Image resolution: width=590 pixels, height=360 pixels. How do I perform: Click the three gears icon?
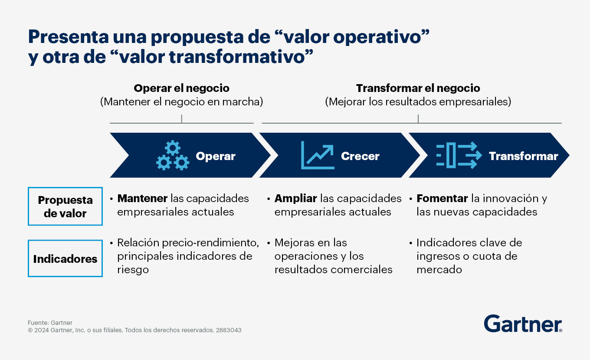coord(173,155)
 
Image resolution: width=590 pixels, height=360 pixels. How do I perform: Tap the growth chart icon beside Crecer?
coord(318,155)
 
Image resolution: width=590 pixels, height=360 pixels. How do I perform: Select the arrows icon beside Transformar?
coord(459,155)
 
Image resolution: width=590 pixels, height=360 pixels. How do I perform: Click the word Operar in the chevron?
coord(216,156)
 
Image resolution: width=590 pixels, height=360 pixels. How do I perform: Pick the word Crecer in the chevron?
coord(360,156)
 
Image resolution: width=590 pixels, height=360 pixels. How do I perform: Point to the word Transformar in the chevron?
coord(523,156)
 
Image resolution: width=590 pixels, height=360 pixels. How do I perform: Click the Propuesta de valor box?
coord(65,206)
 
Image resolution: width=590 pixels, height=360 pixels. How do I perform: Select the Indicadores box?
coord(65,259)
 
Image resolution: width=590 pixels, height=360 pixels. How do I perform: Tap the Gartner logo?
coord(523,324)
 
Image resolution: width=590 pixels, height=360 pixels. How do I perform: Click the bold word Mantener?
coord(142,198)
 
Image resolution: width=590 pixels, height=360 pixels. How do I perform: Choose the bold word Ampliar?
coord(295,199)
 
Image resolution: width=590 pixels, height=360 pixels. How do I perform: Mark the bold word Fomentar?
coord(442,198)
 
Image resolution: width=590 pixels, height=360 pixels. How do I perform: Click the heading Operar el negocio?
coord(181,88)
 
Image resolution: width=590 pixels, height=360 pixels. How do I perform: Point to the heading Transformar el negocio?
coord(418,88)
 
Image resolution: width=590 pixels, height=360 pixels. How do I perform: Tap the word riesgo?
coord(133,270)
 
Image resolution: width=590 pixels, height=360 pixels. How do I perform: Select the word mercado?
coord(439,270)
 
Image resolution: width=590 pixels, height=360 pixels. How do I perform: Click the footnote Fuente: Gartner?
coord(50,323)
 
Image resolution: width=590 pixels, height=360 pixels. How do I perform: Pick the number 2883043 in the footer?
coord(229,330)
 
